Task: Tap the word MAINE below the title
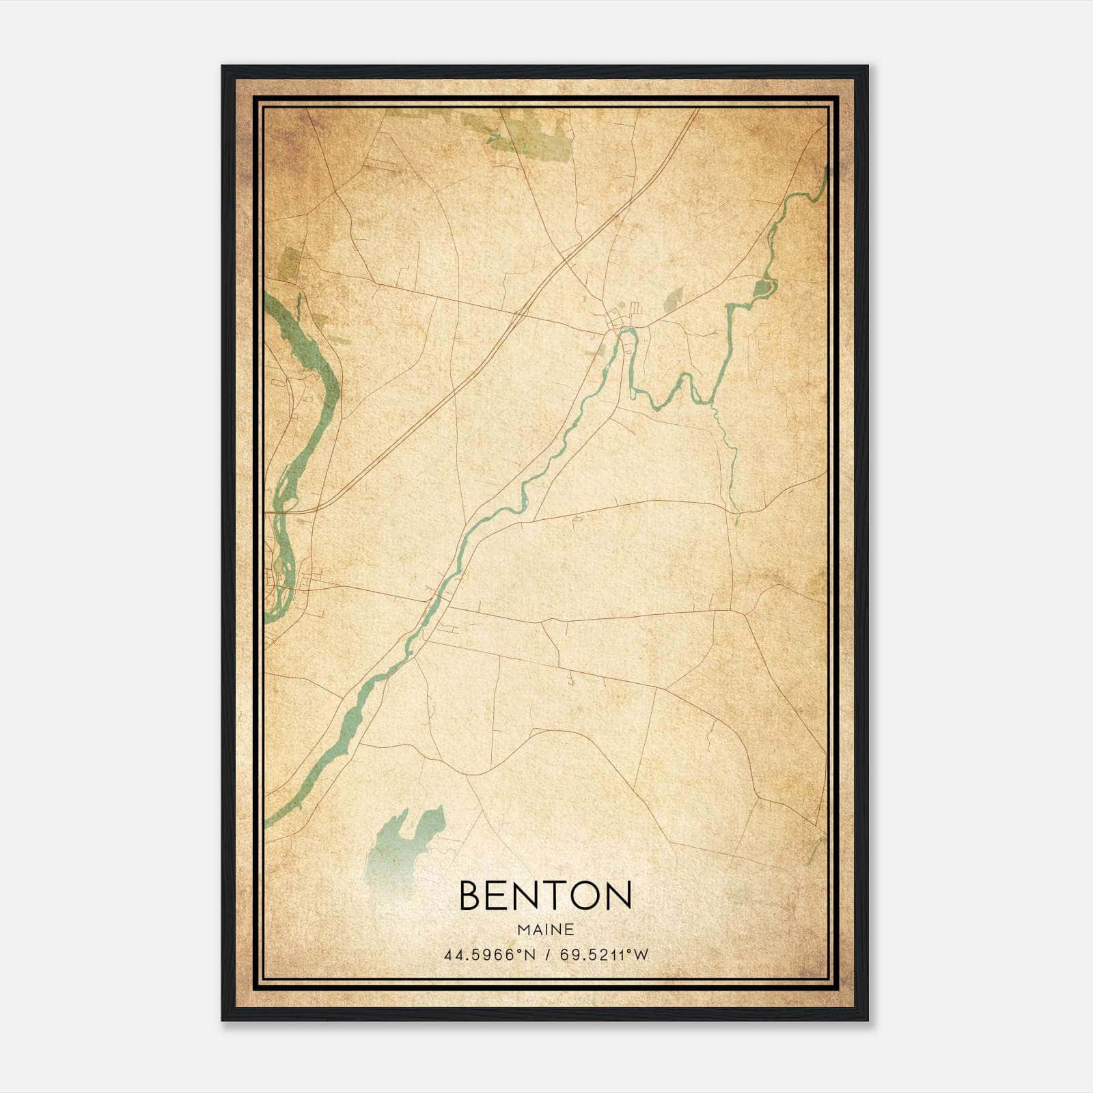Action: coord(545,930)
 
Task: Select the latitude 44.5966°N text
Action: coord(490,955)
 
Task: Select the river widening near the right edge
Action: coord(762,288)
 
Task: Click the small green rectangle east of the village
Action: coord(674,296)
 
